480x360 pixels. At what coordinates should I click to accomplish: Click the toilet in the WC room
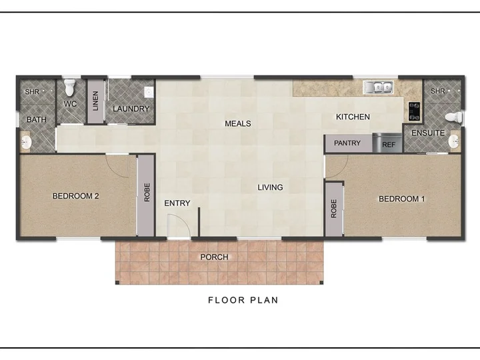point(70,87)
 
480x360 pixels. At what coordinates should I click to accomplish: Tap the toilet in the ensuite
point(454,117)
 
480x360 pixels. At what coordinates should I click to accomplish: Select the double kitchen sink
point(379,87)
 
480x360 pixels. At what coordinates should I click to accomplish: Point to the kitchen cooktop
point(414,111)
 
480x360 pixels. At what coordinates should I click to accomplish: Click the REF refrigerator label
point(389,145)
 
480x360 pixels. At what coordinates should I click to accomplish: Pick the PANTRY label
point(347,143)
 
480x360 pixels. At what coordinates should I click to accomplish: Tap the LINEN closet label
point(95,101)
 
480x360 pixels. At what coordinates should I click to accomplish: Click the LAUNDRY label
point(131,109)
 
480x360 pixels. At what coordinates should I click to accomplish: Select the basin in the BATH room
point(25,143)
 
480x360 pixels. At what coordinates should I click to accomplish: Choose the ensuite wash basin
point(454,141)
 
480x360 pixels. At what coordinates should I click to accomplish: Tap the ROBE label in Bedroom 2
point(147,193)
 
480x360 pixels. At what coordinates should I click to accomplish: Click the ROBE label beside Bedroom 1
point(334,209)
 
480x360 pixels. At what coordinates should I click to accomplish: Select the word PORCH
point(214,257)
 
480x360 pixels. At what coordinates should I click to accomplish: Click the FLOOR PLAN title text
point(243,300)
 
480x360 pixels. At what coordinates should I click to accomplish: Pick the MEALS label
point(238,124)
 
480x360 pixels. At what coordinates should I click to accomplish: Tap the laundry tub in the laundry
point(149,92)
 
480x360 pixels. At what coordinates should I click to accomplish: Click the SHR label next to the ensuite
point(438,91)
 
